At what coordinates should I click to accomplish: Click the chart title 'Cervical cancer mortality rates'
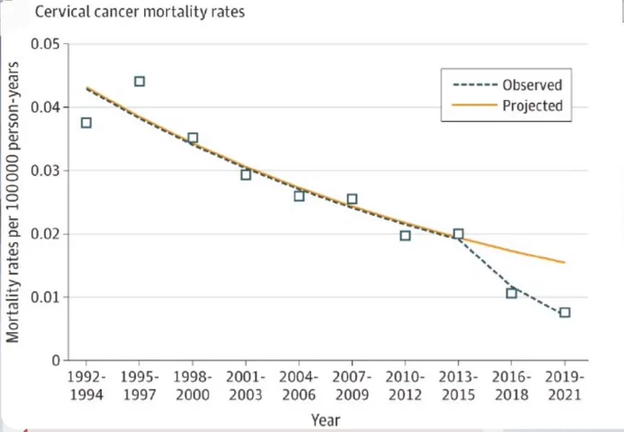(x=139, y=12)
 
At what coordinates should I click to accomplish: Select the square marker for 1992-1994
(x=86, y=123)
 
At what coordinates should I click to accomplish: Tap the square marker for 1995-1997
(x=139, y=82)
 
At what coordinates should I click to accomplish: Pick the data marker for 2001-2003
(x=246, y=174)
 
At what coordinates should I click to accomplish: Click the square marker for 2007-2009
(x=351, y=199)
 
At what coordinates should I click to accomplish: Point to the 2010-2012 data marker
(x=405, y=236)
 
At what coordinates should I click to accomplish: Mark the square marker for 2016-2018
(x=511, y=294)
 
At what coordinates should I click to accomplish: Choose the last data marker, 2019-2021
(x=564, y=312)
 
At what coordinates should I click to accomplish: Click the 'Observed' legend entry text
(x=532, y=84)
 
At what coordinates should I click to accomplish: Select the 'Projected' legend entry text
(x=532, y=105)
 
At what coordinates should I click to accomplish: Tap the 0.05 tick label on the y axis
(x=46, y=44)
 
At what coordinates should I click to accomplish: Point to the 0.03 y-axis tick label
(x=46, y=171)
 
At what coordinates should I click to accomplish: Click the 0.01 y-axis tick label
(x=46, y=297)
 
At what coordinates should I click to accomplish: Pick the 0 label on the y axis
(x=56, y=360)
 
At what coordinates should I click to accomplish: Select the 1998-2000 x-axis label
(x=193, y=385)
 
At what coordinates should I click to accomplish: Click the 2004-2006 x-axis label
(x=299, y=385)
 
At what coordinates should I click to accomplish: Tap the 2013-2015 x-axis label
(x=459, y=385)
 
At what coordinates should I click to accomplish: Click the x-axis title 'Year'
(x=326, y=420)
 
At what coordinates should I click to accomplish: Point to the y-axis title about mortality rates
(x=13, y=202)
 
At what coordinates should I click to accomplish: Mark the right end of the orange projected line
(x=564, y=262)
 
